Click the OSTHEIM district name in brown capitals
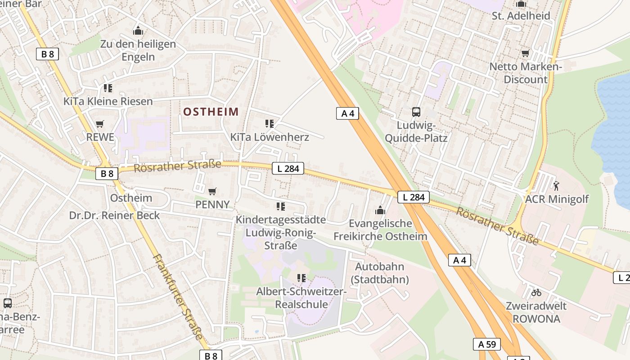(x=211, y=112)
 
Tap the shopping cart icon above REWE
(x=100, y=124)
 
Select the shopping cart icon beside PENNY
(x=212, y=191)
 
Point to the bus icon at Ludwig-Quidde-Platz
(x=416, y=112)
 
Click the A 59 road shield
(x=487, y=344)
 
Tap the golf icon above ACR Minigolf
(x=557, y=185)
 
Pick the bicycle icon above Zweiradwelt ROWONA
(x=536, y=292)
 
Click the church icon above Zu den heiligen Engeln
(x=138, y=31)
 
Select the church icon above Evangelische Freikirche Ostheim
(x=380, y=210)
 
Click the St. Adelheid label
(x=521, y=16)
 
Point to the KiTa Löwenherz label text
(x=270, y=137)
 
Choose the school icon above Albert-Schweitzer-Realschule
(x=301, y=278)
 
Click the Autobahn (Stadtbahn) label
(x=380, y=273)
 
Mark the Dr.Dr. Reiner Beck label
(x=114, y=216)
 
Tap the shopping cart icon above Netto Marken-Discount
(x=525, y=54)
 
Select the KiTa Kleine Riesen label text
(x=108, y=101)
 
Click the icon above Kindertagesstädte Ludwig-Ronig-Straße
(x=281, y=206)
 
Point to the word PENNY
(x=212, y=205)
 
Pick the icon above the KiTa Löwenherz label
(x=270, y=123)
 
